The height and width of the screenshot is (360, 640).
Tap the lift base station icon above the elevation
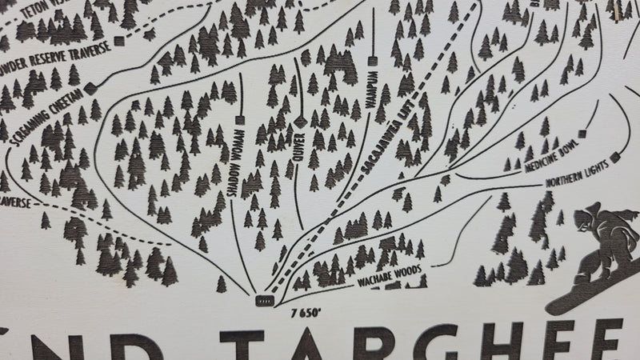263,300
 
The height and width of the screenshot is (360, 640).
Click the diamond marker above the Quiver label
299,121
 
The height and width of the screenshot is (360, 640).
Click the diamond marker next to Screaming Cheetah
91,86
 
